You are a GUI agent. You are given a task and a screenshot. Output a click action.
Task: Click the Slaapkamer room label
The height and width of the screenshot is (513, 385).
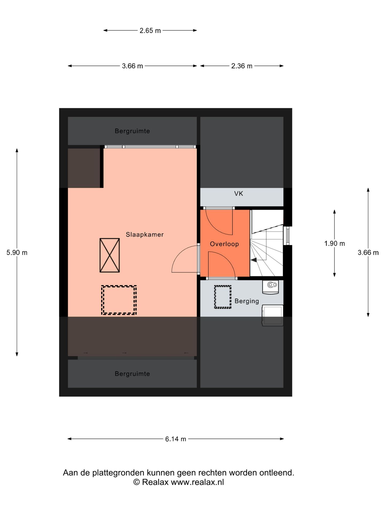tap(145, 234)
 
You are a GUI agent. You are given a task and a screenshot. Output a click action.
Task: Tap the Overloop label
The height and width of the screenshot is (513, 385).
tap(224, 244)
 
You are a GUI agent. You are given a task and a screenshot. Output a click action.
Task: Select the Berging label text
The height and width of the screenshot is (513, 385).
tap(247, 301)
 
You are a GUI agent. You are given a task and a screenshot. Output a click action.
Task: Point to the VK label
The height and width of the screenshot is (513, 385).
tap(239, 193)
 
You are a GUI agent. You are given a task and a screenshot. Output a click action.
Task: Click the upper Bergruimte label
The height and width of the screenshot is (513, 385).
tap(132, 131)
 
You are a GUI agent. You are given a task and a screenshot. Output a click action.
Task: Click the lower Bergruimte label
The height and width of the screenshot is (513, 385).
tap(132, 374)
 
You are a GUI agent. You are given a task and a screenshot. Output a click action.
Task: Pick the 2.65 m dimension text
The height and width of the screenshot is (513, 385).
tap(150, 30)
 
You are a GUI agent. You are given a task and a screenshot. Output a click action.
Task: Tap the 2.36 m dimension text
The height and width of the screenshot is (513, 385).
tap(242, 66)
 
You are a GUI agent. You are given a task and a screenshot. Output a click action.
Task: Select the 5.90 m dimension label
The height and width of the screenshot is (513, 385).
tap(17, 252)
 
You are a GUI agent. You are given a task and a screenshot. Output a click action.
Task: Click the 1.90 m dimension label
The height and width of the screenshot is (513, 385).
tap(334, 243)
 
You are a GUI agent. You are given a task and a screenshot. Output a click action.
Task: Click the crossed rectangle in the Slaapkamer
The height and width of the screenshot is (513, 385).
tap(110, 255)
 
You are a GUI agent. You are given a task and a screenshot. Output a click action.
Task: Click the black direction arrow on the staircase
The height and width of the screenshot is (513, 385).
tap(253, 260)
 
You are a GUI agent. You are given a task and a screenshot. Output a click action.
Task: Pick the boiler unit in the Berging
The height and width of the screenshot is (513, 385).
tap(271, 287)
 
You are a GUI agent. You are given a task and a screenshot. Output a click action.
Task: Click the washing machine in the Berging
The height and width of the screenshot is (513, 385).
tap(272, 315)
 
